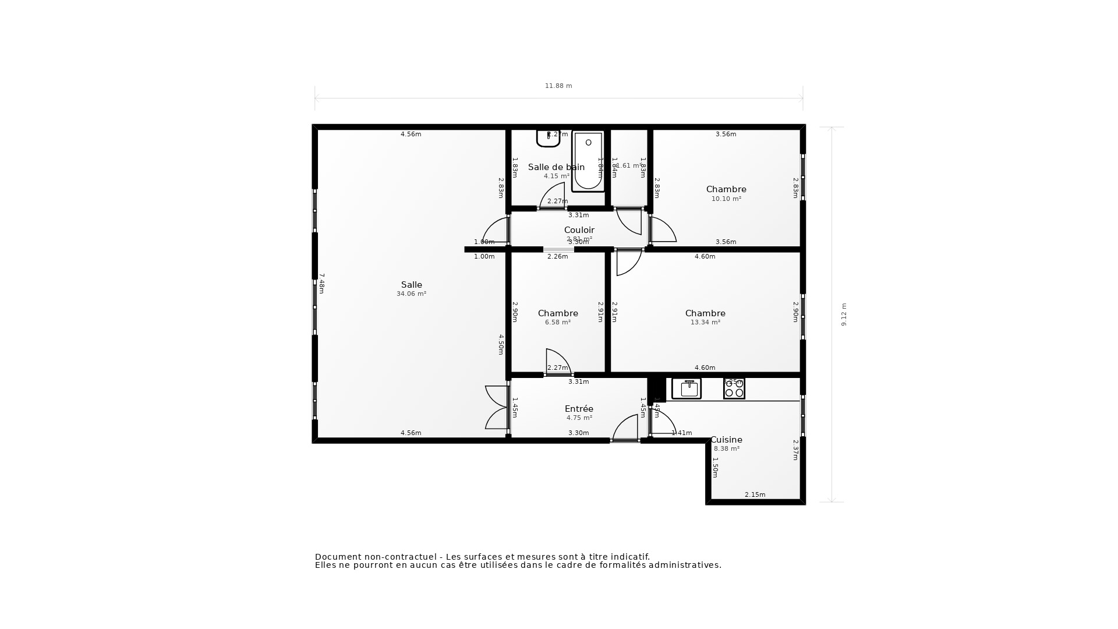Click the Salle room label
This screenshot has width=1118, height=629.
pos(411,285)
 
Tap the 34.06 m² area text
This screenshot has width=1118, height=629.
pos(411,294)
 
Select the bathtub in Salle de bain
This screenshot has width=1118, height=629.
pos(588,161)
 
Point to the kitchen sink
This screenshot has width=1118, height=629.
pos(687,388)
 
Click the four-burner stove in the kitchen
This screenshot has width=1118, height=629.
pos(734,388)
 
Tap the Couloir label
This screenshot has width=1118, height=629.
pos(579,230)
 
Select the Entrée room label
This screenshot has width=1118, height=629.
pos(579,409)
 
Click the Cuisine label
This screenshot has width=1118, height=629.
pos(726,440)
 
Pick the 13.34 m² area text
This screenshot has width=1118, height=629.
pos(705,322)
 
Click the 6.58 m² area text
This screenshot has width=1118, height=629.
pos(557,322)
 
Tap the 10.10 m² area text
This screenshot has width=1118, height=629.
pos(726,199)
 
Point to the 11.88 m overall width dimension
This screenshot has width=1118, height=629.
pos(558,86)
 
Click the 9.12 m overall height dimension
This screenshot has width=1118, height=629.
pos(844,314)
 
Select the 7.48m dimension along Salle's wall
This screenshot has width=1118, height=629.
pos(321,283)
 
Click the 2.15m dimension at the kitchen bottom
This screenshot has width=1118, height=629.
pos(755,494)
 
